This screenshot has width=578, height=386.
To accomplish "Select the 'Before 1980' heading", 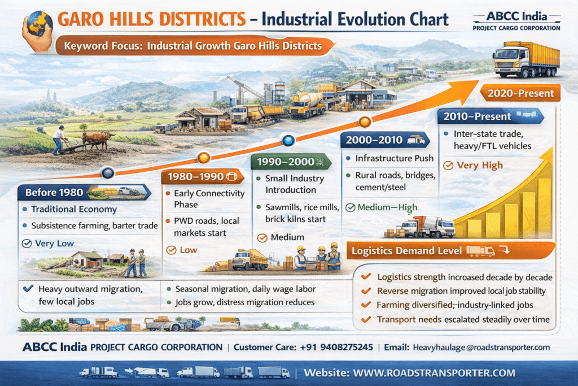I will point(54,192).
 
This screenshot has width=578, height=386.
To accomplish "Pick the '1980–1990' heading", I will point(192,177).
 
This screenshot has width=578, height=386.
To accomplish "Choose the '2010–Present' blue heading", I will point(479,116).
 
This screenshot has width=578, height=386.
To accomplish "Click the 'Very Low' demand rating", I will point(55,244).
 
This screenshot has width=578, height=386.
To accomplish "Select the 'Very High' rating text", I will point(479,166).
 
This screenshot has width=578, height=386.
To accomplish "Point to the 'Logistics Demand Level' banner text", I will point(406,250).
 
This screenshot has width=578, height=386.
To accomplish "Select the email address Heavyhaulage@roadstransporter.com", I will point(481,348).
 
